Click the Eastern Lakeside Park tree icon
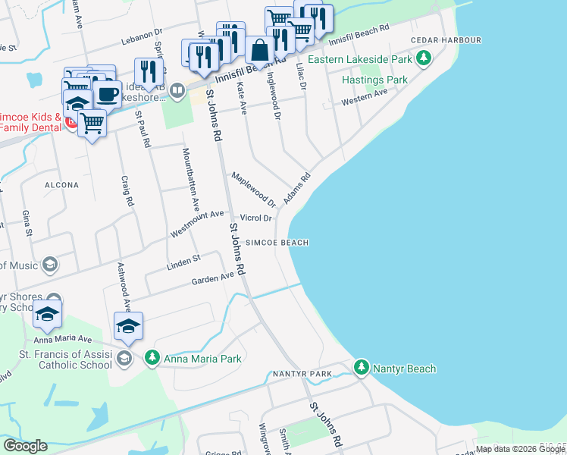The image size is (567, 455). coord(425,58)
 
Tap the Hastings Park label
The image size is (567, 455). coord(374,80)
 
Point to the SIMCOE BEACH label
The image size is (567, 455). coord(277,243)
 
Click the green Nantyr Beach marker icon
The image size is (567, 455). coord(362,369)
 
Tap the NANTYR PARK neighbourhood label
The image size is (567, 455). coord(303,375)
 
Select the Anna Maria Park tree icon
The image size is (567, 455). coord(152,358)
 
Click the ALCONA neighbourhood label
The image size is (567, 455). coord(61,185)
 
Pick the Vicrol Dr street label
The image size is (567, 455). coord(255,218)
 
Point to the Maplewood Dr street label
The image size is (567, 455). coord(253,190)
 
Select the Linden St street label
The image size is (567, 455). coord(183,263)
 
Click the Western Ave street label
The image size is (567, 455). coord(364,96)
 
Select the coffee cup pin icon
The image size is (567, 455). coord(108,94)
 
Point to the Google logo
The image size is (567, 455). coord(25,446)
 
